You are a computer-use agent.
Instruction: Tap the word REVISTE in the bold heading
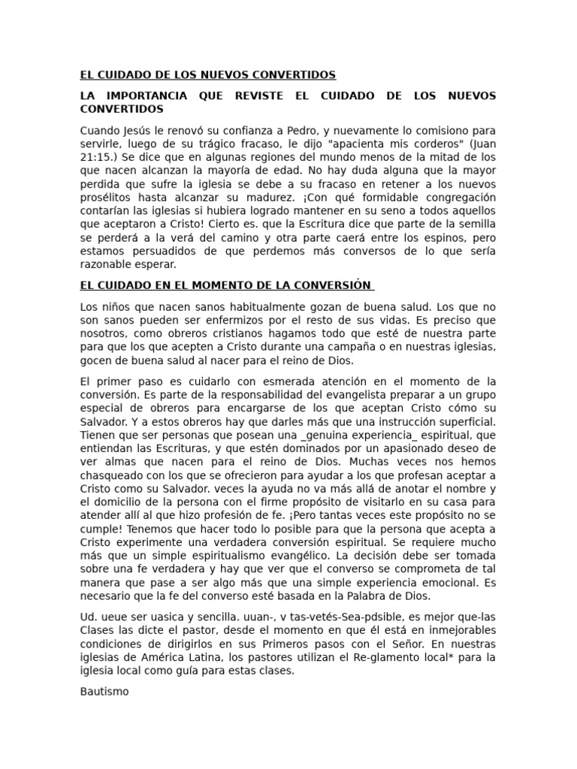coord(258,96)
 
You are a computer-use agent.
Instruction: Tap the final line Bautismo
coord(104,691)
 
